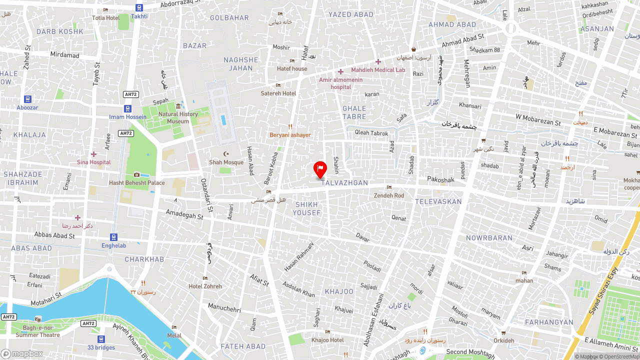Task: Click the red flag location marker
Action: tap(320, 169)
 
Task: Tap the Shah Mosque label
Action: tap(226, 162)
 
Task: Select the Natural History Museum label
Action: tap(178, 117)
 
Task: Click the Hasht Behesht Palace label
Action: tap(137, 182)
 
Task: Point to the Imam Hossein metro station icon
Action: tap(128, 108)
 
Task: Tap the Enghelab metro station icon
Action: tap(114, 237)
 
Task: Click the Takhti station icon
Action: tap(139, 7)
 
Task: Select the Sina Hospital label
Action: tap(94, 162)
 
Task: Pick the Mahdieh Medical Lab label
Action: tap(378, 70)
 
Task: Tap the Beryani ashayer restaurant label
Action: tap(290, 135)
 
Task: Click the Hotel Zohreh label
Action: tap(205, 286)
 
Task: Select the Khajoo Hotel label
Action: tap(327, 340)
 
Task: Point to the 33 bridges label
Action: tap(101, 347)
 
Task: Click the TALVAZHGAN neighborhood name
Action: tap(344, 183)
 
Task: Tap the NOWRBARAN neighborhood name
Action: tap(489, 238)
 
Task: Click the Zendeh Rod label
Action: tap(389, 195)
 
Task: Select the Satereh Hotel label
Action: tap(278, 93)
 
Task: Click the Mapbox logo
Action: tap(22, 353)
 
